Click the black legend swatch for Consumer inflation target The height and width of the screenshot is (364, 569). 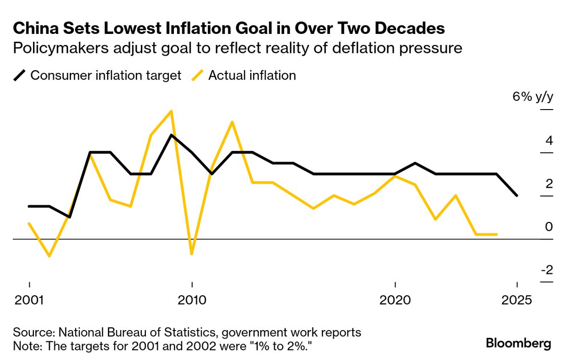pyautogui.click(x=20, y=75)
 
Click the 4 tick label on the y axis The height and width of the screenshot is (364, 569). pyautogui.click(x=549, y=141)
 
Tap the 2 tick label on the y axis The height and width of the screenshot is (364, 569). pyautogui.click(x=549, y=184)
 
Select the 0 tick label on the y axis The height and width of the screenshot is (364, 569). pyautogui.click(x=549, y=227)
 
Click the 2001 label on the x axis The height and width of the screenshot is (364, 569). pyautogui.click(x=29, y=300)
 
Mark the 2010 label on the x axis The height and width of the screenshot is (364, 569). pyautogui.click(x=192, y=300)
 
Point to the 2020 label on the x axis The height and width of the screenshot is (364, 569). pyautogui.click(x=395, y=300)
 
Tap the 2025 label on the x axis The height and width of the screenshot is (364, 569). pyautogui.click(x=516, y=300)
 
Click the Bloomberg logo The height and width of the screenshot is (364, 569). pyautogui.click(x=518, y=344)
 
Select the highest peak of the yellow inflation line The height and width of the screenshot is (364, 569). pyautogui.click(x=172, y=111)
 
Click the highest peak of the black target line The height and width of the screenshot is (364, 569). pyautogui.click(x=172, y=135)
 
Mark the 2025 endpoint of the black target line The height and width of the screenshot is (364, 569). pyautogui.click(x=516, y=195)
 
